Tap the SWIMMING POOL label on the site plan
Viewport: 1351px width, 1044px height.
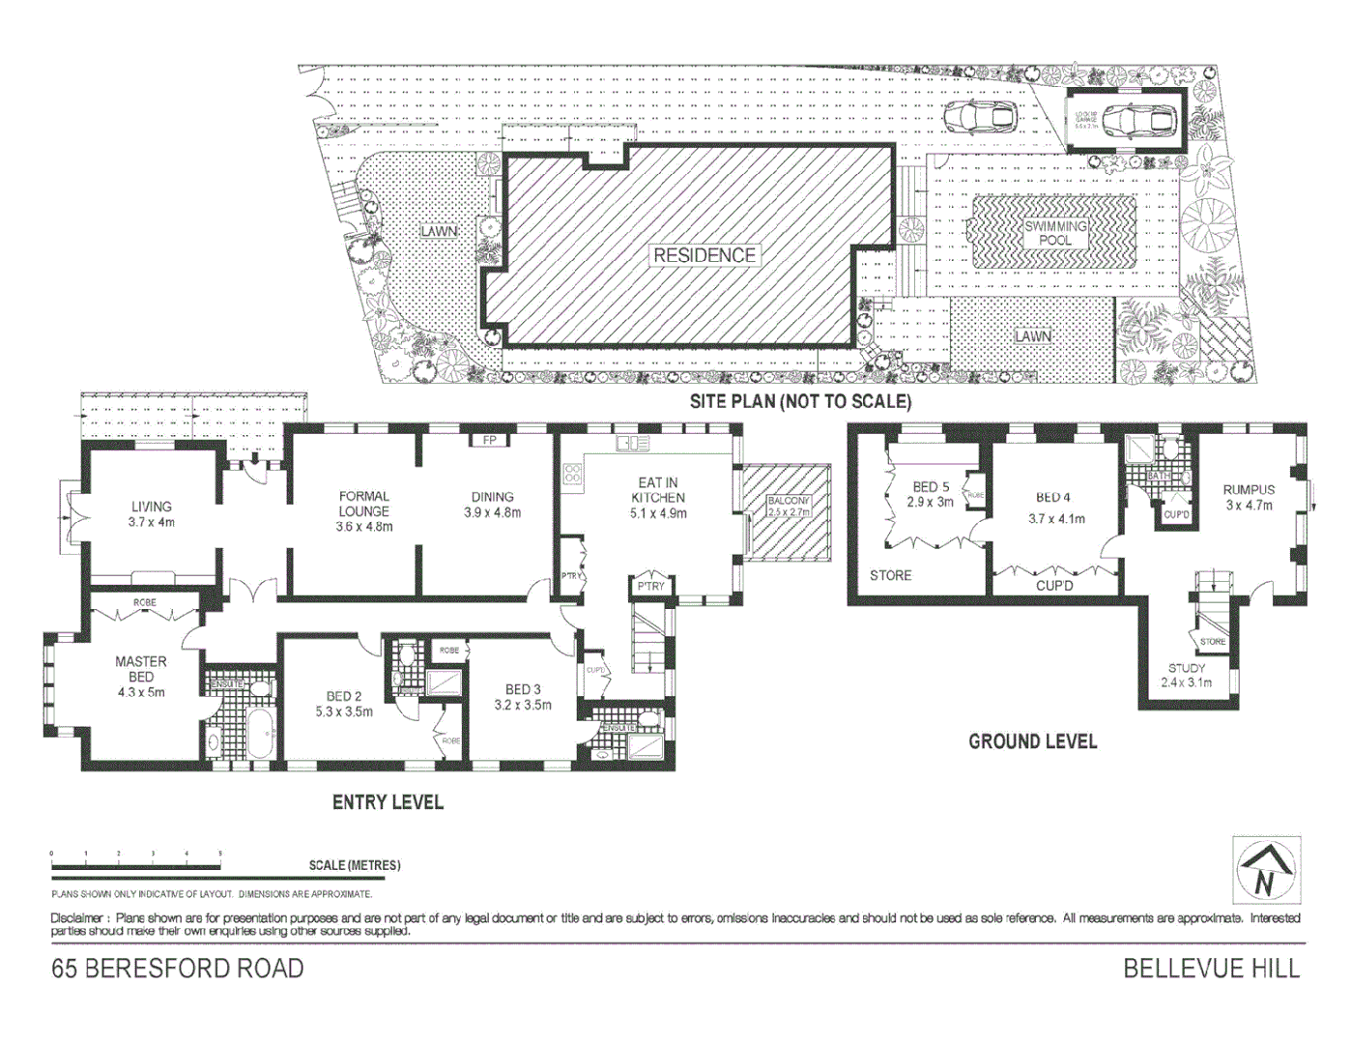[x=1055, y=233]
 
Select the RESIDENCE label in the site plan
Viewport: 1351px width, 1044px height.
[x=704, y=255]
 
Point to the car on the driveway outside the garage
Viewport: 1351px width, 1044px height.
[x=979, y=116]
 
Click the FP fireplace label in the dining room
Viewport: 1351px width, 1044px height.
[x=489, y=441]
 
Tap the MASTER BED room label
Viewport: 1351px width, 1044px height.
[x=141, y=669]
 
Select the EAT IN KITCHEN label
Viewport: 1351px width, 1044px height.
[x=658, y=490]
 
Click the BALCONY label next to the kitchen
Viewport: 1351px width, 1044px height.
[x=788, y=501]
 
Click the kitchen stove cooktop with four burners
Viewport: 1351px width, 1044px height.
[x=573, y=475]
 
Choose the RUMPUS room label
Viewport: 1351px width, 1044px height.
[x=1249, y=490]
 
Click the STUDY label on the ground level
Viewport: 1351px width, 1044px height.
[x=1186, y=668]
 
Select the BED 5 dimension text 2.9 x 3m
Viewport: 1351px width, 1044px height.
[x=931, y=503]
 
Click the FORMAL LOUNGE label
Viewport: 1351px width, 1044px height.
[x=363, y=504]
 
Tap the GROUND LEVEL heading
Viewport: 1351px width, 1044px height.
[x=1032, y=741]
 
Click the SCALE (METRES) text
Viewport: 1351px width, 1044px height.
[x=355, y=865]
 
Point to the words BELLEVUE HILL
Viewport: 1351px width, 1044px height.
[x=1211, y=968]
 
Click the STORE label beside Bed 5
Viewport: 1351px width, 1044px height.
[x=890, y=575]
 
